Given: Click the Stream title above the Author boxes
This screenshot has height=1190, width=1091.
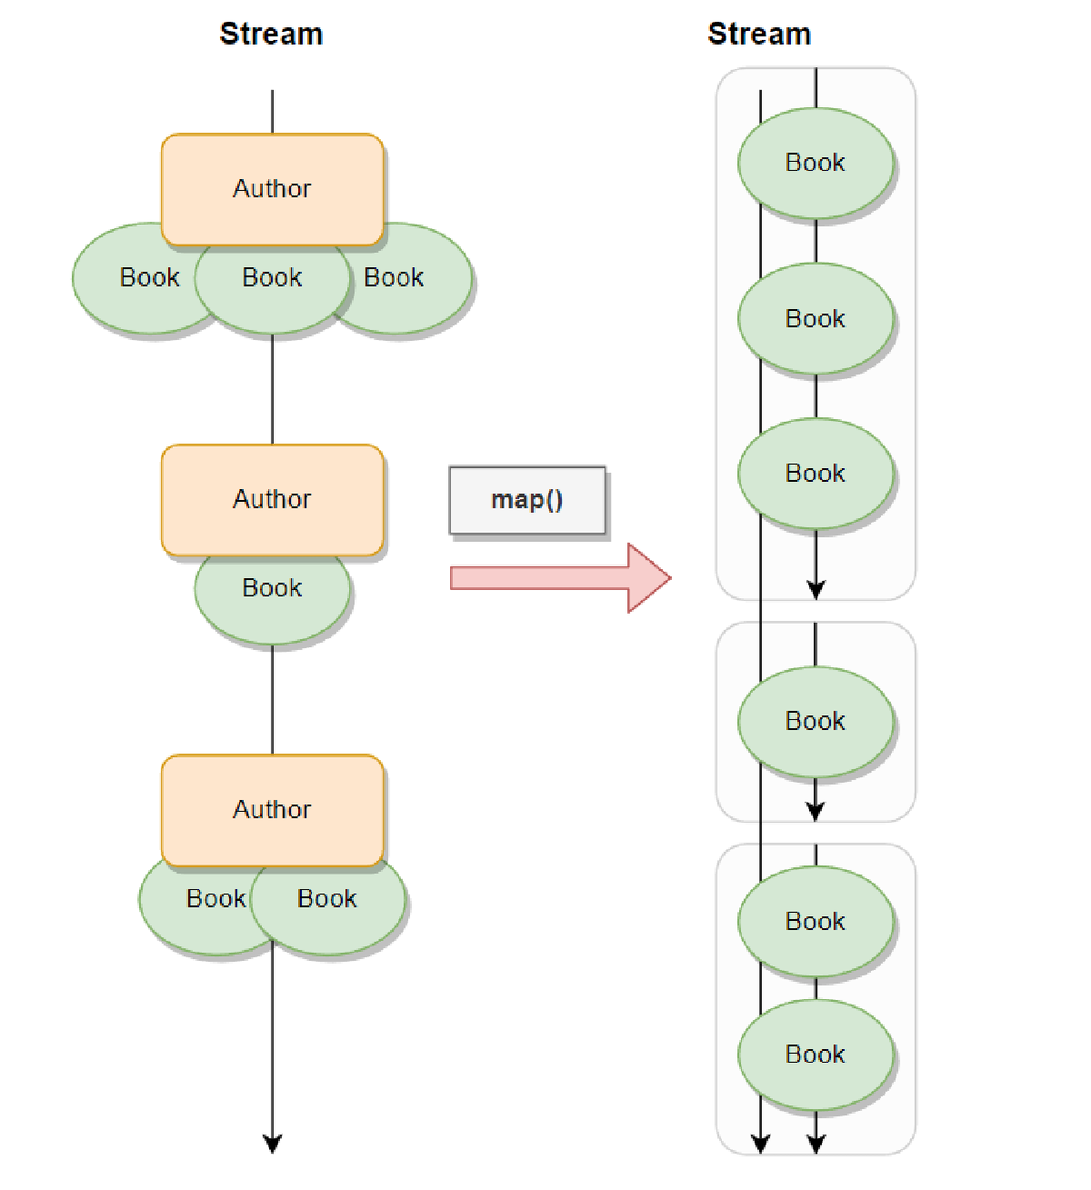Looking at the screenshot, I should pos(271,35).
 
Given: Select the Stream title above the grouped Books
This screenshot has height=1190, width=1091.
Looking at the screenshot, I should pos(759,35).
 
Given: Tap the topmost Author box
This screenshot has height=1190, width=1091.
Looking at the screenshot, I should pos(272,189).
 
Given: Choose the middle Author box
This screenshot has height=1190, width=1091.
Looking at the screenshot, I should pos(272,499).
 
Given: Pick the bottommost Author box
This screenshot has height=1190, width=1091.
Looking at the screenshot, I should pos(272,809).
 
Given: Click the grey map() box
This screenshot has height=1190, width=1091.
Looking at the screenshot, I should pos(527,500).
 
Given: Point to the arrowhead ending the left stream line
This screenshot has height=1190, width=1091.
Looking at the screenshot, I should pos(272,1144).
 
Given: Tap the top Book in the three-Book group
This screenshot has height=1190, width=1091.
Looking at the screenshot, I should pos(816,163).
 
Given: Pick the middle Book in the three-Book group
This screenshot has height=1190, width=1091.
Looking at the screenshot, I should pos(816,318).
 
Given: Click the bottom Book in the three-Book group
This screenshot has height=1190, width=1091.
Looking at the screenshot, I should pos(816,473).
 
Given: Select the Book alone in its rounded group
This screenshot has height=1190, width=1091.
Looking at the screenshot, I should pos(816,721).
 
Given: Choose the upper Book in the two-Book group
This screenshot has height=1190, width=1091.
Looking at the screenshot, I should pos(816,921).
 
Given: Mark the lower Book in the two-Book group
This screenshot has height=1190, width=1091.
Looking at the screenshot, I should pos(816,1054).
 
